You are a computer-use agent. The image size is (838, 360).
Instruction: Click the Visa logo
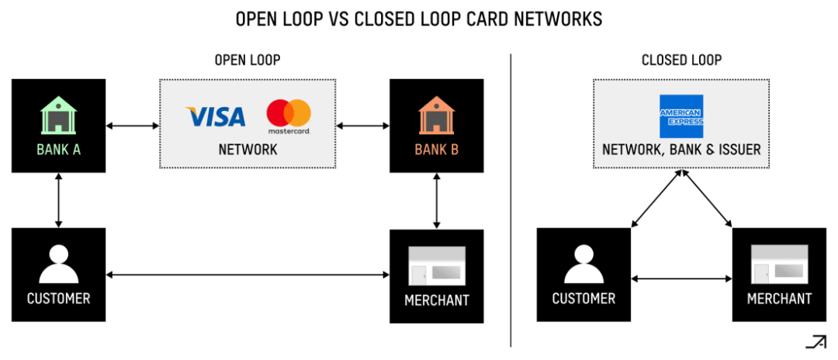[216, 117]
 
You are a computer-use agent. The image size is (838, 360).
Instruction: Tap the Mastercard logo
[289, 116]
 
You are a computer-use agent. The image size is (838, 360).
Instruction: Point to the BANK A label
[58, 150]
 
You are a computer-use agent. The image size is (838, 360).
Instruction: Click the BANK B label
[436, 150]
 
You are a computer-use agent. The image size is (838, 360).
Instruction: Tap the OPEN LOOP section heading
[248, 60]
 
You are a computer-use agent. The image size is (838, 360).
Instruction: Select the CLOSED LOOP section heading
[681, 60]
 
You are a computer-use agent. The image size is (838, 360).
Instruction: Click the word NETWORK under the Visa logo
[248, 150]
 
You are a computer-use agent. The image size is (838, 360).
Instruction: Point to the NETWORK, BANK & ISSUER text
[681, 150]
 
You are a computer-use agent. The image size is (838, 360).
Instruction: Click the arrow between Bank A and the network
[132, 124]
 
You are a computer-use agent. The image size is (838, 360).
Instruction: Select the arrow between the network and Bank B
[362, 124]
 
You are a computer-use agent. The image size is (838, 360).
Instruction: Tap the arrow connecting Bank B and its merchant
[436, 200]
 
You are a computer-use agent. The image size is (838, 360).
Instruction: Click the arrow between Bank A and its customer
[58, 200]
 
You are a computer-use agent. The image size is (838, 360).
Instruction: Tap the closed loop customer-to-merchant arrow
[681, 279]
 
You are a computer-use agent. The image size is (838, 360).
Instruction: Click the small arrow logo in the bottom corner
[815, 341]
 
